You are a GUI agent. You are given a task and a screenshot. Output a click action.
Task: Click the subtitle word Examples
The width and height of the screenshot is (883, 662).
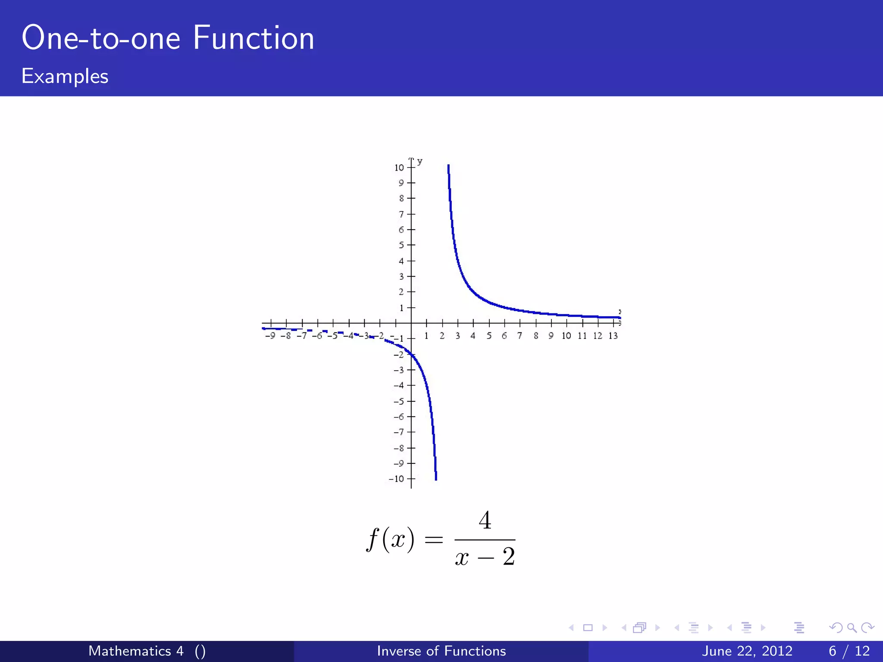pos(65,76)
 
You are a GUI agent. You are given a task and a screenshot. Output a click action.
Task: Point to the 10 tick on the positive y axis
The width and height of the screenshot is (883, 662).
pos(399,168)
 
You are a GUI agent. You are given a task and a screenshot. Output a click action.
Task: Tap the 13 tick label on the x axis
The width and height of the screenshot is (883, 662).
pos(613,336)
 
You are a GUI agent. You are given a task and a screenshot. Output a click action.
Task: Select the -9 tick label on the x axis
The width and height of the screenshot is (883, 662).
pos(270,336)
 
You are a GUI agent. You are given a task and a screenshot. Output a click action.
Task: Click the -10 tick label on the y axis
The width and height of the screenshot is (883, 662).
pos(397,479)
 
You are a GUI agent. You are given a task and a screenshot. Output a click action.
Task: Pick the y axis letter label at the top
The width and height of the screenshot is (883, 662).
pos(420,161)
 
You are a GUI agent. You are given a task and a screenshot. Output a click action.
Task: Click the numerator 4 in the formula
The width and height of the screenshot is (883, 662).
pos(485,520)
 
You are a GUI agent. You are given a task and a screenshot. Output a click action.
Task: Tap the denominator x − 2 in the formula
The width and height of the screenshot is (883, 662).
pos(485,557)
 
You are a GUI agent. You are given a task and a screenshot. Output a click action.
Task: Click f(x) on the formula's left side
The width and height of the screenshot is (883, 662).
pos(390,539)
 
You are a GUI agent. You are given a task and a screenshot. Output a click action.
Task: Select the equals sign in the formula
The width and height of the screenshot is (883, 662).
pos(434,540)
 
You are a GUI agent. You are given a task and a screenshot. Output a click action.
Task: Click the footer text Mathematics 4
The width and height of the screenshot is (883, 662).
pos(136,651)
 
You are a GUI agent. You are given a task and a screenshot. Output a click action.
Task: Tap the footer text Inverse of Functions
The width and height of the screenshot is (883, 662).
pos(441,651)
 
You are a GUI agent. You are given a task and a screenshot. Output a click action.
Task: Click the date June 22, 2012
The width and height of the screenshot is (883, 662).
pos(747,651)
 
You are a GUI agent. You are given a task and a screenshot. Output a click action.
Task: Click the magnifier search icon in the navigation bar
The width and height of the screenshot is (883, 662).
pos(852,628)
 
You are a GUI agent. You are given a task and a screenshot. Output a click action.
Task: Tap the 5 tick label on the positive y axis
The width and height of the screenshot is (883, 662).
pos(401,245)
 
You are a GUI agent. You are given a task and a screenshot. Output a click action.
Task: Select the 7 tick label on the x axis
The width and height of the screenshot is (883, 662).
pos(520,336)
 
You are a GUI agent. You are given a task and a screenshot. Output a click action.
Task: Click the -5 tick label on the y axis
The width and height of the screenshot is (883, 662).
pos(399,401)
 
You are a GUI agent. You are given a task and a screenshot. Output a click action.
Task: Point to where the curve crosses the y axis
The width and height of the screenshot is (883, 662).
pos(411,355)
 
